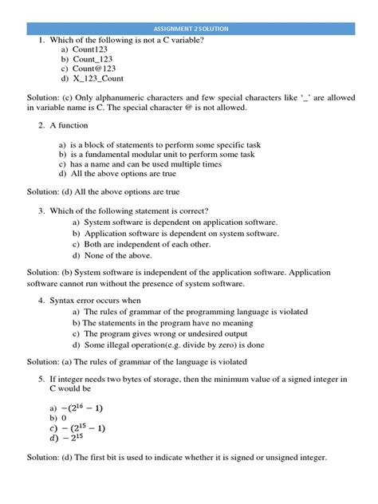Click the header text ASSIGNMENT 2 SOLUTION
click(188, 28)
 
